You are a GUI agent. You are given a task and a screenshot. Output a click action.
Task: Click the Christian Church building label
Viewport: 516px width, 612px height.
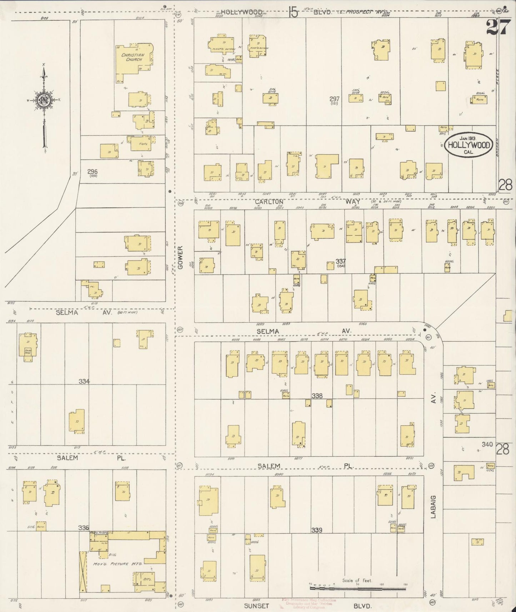(133, 57)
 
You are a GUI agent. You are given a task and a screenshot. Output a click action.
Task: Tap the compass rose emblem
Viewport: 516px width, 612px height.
(44, 101)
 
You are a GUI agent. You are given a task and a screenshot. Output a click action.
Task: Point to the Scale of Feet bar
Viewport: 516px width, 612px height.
(357, 588)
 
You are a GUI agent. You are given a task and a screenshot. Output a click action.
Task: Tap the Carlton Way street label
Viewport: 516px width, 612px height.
(307, 202)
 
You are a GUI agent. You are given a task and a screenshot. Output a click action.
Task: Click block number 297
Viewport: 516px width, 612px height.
(335, 99)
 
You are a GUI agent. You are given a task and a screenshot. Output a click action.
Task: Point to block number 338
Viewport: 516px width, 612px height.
(317, 396)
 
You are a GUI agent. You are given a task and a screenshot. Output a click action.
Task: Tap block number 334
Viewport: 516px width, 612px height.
(84, 381)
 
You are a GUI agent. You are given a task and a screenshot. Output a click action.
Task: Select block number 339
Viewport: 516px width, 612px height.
(317, 530)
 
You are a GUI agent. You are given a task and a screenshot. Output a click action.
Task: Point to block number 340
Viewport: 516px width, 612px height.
(487, 445)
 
